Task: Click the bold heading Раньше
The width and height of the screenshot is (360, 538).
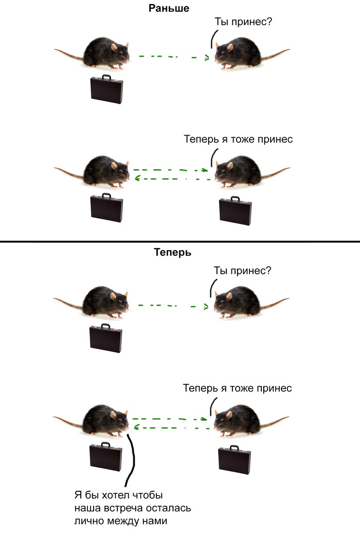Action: point(169,8)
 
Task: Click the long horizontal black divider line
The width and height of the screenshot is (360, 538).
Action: point(180,242)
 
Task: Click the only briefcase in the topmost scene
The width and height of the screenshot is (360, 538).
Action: point(106,89)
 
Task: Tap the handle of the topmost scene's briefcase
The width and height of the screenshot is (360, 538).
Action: point(106,77)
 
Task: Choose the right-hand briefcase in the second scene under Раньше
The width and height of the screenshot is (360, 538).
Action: point(235,210)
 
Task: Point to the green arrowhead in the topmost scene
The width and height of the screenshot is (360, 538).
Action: point(207,58)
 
